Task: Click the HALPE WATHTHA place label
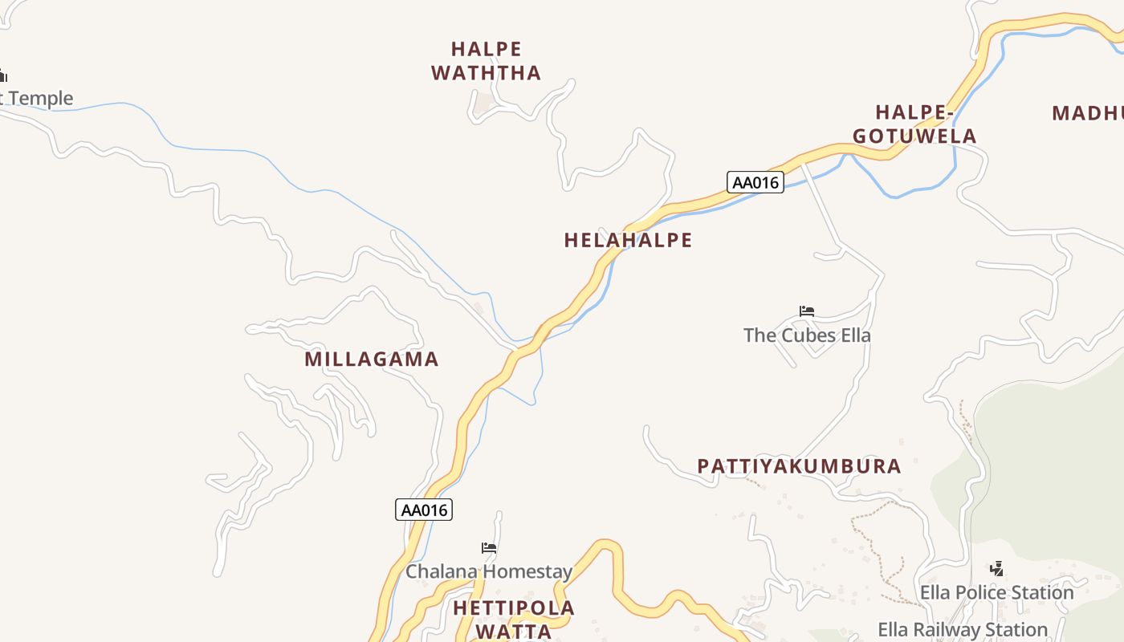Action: pyautogui.click(x=487, y=61)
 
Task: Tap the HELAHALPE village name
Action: pyautogui.click(x=628, y=240)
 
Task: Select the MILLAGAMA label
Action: pyautogui.click(x=372, y=360)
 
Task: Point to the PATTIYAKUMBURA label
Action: pyautogui.click(x=799, y=466)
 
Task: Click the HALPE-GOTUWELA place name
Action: pyautogui.click(x=915, y=124)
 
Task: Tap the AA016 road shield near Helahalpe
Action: pyautogui.click(x=755, y=182)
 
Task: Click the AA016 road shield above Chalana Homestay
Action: pyautogui.click(x=424, y=510)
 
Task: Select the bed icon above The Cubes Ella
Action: pyautogui.click(x=807, y=311)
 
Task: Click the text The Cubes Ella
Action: pyautogui.click(x=807, y=335)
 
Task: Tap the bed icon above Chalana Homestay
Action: pyautogui.click(x=489, y=548)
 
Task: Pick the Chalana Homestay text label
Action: pyautogui.click(x=489, y=571)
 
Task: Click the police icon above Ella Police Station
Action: pyautogui.click(x=996, y=569)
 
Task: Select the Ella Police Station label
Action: pyautogui.click(x=996, y=592)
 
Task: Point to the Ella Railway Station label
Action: pyautogui.click(x=963, y=629)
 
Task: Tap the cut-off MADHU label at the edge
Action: pyautogui.click(x=1088, y=113)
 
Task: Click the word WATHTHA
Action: pyautogui.click(x=487, y=73)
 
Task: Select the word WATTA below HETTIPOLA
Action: pyautogui.click(x=514, y=632)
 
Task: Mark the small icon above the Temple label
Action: pyautogui.click(x=3, y=76)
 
